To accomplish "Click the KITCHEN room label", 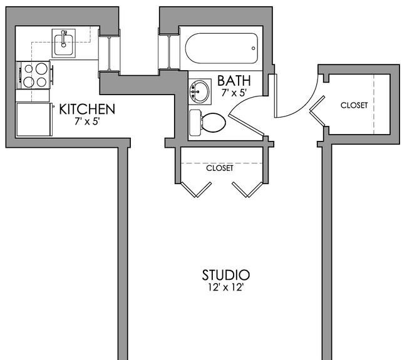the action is [87, 110].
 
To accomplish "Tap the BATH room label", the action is [234, 81].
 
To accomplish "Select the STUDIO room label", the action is [226, 275].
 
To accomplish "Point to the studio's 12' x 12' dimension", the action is [225, 287].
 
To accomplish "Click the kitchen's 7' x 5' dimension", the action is [87, 121].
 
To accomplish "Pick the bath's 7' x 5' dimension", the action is [234, 93].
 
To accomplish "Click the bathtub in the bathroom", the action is [222, 48].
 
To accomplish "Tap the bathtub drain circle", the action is [254, 48].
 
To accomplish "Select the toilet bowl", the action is [214, 122].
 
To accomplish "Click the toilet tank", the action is [195, 123].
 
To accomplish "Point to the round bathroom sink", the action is [199, 91].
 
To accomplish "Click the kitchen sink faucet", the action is [63, 38].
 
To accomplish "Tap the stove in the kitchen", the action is [34, 75].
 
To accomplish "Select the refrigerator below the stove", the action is [34, 120].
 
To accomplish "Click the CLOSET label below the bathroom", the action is [220, 168].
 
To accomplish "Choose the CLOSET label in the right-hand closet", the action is [354, 105].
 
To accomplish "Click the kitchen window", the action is [110, 54].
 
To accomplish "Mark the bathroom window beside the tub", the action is [169, 52].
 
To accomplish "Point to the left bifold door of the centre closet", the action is [196, 190].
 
